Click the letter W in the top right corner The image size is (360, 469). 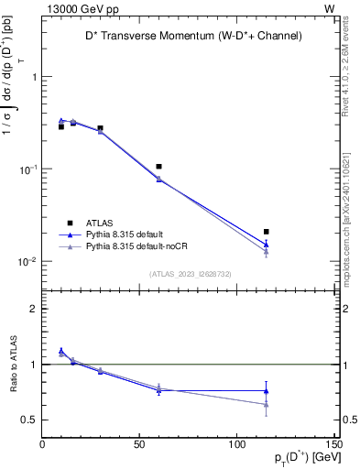(329, 8)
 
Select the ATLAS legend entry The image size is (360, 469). (101, 222)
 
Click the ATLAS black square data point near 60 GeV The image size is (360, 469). (159, 167)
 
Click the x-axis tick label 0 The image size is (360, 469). (42, 445)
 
